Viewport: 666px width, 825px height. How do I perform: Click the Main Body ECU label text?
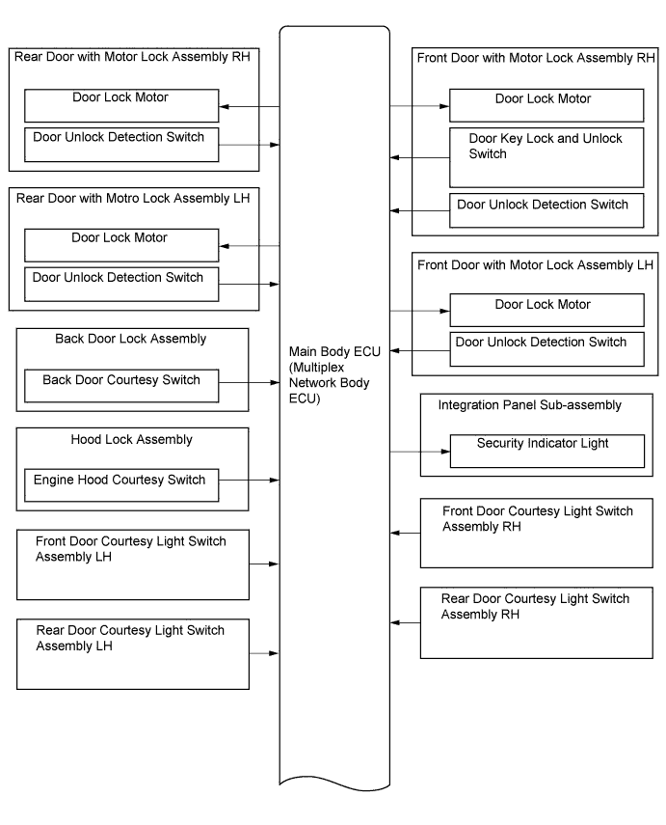334,374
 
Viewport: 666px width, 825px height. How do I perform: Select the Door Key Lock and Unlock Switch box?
546,157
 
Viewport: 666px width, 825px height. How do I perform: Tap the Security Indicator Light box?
547,451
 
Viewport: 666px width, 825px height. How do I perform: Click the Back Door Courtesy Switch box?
121,386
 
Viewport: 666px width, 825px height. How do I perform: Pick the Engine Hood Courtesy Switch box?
121,485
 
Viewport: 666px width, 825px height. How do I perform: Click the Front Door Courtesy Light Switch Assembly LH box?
133,564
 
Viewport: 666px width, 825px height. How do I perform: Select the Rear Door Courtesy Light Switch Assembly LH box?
133,654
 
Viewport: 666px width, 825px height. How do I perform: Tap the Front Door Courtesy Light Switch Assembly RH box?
537,533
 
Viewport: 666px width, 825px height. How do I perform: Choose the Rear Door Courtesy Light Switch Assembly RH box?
537,623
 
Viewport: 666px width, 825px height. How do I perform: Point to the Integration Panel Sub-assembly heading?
529,405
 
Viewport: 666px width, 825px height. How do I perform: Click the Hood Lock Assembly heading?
131,440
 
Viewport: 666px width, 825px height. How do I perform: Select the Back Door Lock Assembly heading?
130,339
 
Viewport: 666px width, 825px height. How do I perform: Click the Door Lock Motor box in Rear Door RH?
121,106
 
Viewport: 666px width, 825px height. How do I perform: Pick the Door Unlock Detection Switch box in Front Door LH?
547,349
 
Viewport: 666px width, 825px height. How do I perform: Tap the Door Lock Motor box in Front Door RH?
546,105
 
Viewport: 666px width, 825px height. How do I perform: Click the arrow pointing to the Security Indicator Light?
420,452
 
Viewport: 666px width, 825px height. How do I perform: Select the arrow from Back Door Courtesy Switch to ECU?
250,382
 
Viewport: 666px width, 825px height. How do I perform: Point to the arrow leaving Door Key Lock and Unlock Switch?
420,157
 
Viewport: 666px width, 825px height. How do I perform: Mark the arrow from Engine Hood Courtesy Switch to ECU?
250,480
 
